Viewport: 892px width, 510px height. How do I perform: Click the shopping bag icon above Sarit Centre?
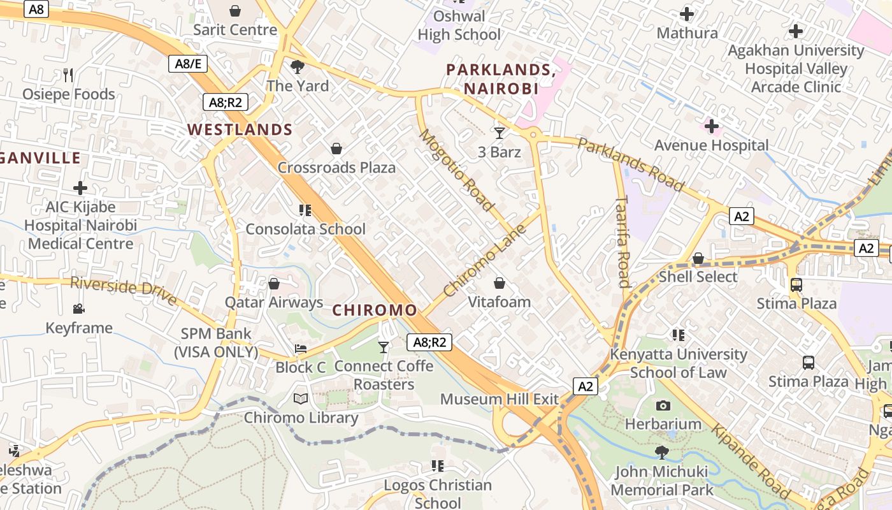point(235,11)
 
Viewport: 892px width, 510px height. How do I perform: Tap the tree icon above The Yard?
point(297,66)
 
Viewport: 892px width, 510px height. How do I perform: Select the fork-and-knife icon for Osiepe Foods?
point(68,75)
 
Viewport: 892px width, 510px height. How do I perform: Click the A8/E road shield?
point(188,63)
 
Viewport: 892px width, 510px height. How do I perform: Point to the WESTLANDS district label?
point(240,130)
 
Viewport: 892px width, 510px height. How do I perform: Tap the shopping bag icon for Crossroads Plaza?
point(336,149)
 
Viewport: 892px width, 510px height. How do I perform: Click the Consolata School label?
point(305,229)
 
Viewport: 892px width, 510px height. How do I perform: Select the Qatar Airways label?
point(274,302)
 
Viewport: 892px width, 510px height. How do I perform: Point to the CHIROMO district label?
point(375,310)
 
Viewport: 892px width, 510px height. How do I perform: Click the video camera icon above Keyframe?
point(78,309)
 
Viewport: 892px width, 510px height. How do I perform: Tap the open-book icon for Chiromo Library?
point(301,399)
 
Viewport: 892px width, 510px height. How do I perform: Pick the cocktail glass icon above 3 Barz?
point(499,133)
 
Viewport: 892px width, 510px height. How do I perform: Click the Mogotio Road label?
point(456,170)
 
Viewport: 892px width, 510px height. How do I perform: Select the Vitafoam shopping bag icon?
point(500,282)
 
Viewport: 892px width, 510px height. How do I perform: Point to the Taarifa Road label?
point(623,242)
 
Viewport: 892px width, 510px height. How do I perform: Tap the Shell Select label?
point(698,277)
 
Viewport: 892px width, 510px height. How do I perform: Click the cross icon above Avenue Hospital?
point(712,126)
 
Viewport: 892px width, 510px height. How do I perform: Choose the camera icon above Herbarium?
point(663,405)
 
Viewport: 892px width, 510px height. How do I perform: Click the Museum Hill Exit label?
point(500,400)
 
